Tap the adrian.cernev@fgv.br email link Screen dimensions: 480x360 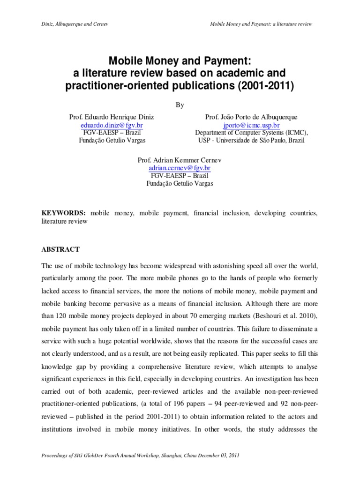click(x=180, y=167)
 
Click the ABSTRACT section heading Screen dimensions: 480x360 click(x=61, y=249)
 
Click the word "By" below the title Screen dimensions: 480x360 click(x=180, y=105)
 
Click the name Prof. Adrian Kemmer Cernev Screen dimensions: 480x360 click(x=180, y=159)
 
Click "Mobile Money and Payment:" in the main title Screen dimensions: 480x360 click(x=180, y=61)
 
